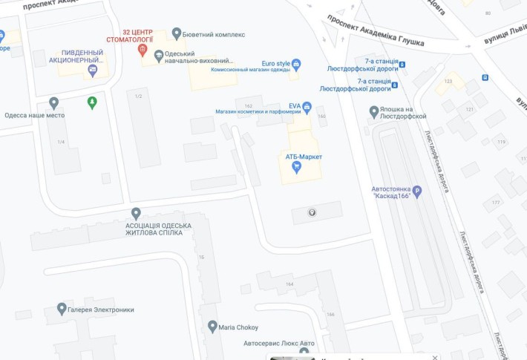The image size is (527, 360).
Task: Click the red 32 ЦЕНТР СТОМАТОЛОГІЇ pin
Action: pos(143,50)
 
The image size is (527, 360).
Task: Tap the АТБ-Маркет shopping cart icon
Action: pos(296,167)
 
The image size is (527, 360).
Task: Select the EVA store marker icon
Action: pos(307,107)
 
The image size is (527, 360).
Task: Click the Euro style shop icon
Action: pos(296,64)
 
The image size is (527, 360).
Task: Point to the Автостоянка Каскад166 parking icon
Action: pos(416,190)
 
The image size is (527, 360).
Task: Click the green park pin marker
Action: pos(92,102)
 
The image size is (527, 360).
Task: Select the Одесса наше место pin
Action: pos(53,102)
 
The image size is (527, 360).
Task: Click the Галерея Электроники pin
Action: pos(62,307)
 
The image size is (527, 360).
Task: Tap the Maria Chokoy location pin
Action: pos(212,326)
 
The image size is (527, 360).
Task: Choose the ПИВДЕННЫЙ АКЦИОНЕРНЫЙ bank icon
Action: pos(92,70)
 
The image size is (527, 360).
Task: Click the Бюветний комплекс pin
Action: pos(176,33)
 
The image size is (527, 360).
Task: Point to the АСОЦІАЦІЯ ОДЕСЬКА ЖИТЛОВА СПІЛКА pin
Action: pos(136,214)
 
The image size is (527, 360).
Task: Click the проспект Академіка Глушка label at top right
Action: pos(376,31)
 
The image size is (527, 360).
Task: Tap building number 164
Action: pos(289,284)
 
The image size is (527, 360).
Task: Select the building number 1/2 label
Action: pos(138,96)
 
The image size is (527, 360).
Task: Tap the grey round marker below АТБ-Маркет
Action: pos(312,212)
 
